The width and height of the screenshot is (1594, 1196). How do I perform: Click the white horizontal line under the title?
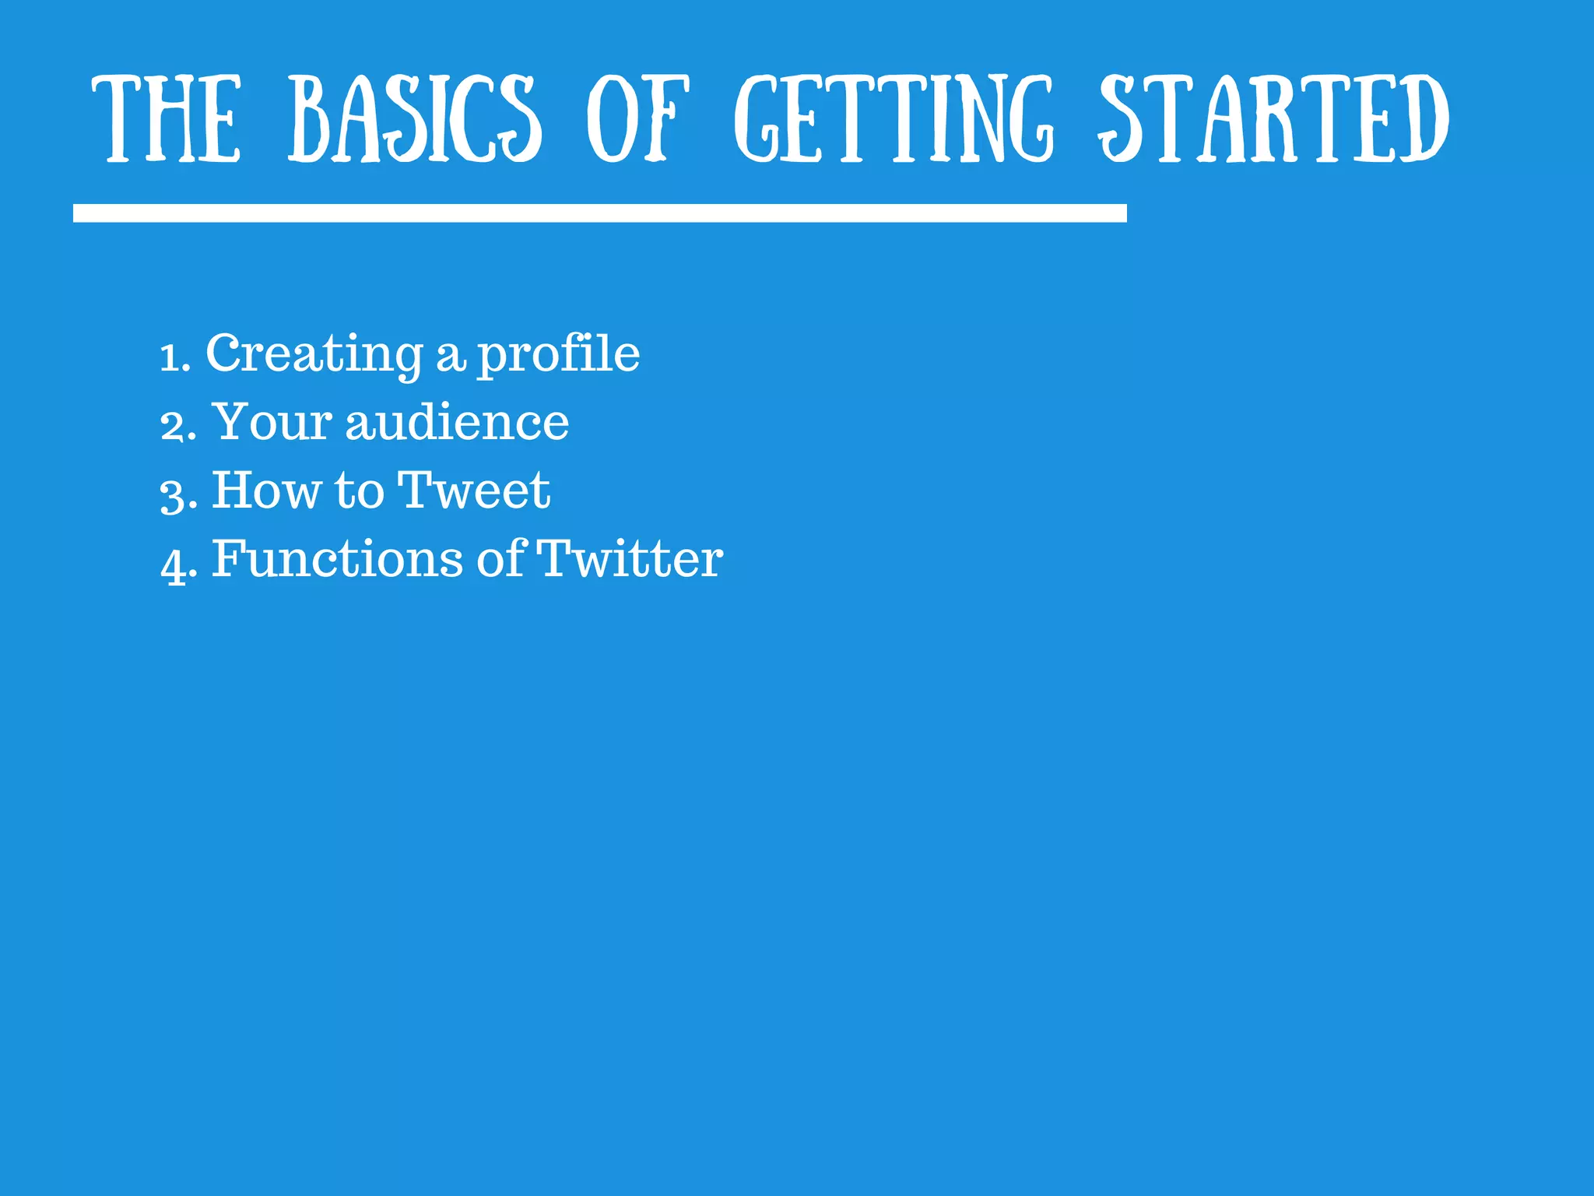tap(599, 213)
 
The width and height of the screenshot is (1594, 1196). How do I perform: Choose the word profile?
tap(558, 354)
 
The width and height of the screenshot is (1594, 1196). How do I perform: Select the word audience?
tap(457, 422)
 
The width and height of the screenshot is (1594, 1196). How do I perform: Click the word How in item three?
tap(266, 491)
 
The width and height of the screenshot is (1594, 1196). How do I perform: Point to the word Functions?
tap(337, 559)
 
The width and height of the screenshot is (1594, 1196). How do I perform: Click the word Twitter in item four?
tap(630, 559)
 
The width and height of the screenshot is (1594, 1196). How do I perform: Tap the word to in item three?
tap(359, 491)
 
